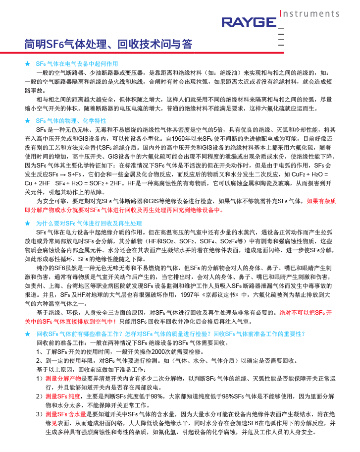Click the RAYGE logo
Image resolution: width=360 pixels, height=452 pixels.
(249, 22)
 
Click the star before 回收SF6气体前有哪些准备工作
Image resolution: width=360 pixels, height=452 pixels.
(28, 334)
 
